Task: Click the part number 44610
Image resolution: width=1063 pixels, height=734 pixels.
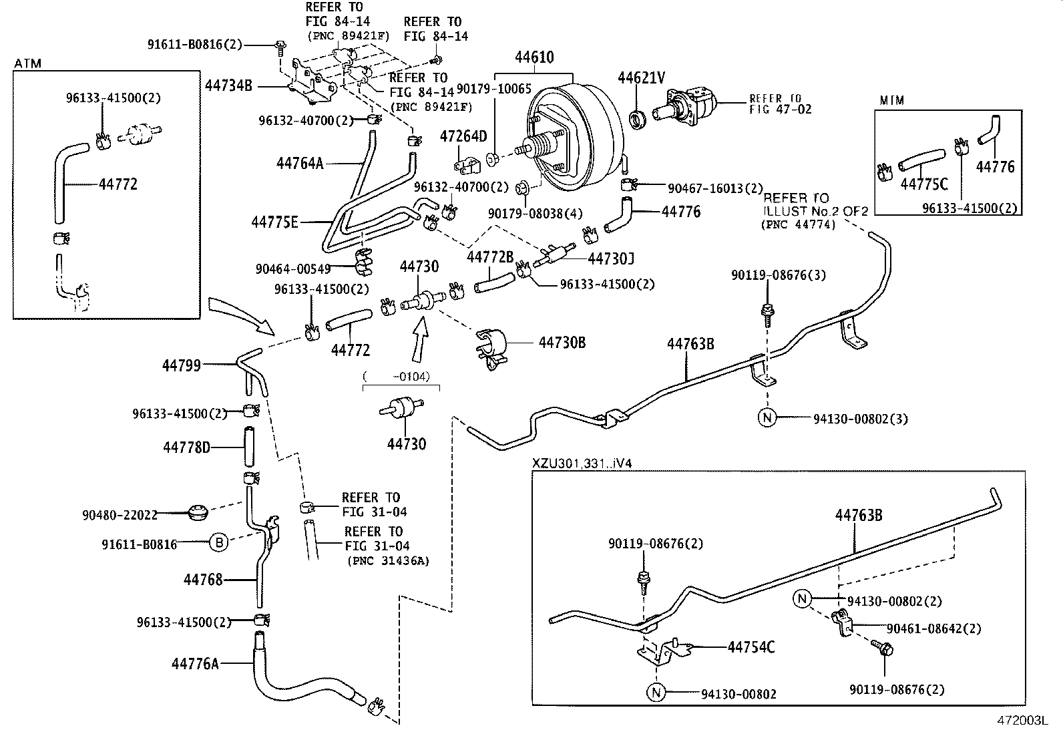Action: click(x=534, y=57)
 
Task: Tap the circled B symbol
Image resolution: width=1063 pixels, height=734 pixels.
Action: click(x=219, y=544)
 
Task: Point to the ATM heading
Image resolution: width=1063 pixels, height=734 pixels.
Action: click(x=27, y=63)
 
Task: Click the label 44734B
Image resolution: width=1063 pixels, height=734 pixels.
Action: click(x=228, y=85)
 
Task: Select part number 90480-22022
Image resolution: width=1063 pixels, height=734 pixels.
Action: click(x=120, y=515)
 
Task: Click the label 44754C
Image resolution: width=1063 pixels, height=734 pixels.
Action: click(x=751, y=647)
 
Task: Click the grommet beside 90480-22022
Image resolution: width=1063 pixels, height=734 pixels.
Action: click(x=196, y=514)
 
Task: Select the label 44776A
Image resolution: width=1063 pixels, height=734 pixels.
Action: click(x=195, y=664)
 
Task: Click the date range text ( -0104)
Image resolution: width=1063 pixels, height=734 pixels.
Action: click(x=401, y=377)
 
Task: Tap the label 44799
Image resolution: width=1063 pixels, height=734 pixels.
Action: click(x=181, y=365)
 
